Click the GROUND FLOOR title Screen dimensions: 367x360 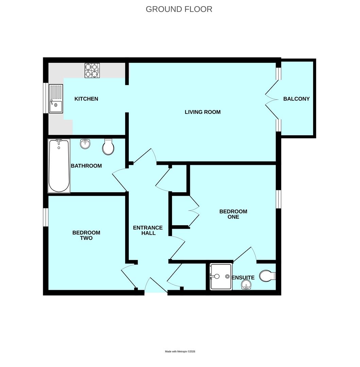[179, 9]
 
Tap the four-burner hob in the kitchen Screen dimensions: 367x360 [92, 70]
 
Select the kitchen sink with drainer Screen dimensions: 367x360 [56, 99]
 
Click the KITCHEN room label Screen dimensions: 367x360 [86, 99]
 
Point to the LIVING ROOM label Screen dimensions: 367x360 [203, 112]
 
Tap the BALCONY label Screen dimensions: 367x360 [296, 99]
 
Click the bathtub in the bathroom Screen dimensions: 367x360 [59, 166]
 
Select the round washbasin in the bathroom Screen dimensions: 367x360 [85, 144]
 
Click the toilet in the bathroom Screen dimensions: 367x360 [108, 147]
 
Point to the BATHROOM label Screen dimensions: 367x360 [86, 166]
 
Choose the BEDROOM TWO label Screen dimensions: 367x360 [86, 235]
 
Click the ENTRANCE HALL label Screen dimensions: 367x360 [148, 230]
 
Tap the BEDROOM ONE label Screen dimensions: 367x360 [233, 214]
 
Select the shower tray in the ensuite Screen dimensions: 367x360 [221, 276]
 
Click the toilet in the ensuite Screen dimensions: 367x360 [268, 276]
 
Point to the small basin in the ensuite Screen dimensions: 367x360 [247, 285]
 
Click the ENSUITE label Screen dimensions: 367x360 [243, 278]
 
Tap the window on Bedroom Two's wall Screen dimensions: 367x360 [46, 217]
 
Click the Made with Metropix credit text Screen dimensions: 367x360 [180, 351]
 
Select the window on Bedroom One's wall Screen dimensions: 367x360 [278, 199]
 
